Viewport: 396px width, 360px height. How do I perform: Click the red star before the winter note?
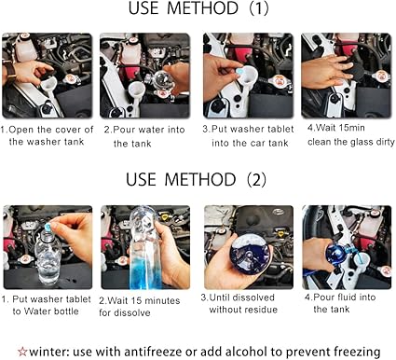click(22, 352)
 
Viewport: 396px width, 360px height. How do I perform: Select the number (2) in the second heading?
click(256, 180)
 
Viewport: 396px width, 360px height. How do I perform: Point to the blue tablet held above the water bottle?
click(48, 227)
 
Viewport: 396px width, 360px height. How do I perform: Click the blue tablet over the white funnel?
click(240, 71)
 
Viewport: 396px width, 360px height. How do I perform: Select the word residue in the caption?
click(260, 310)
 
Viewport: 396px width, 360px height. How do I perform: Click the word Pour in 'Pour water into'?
click(123, 130)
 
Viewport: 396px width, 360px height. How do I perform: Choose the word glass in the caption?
click(362, 142)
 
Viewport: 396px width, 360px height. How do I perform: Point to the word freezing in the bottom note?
click(357, 353)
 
